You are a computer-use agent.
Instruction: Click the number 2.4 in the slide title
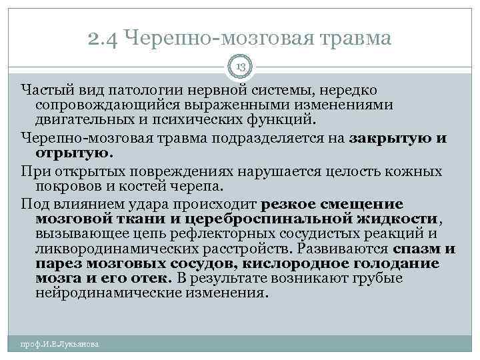[x=101, y=39]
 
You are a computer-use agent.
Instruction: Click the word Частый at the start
[x=45, y=90]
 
